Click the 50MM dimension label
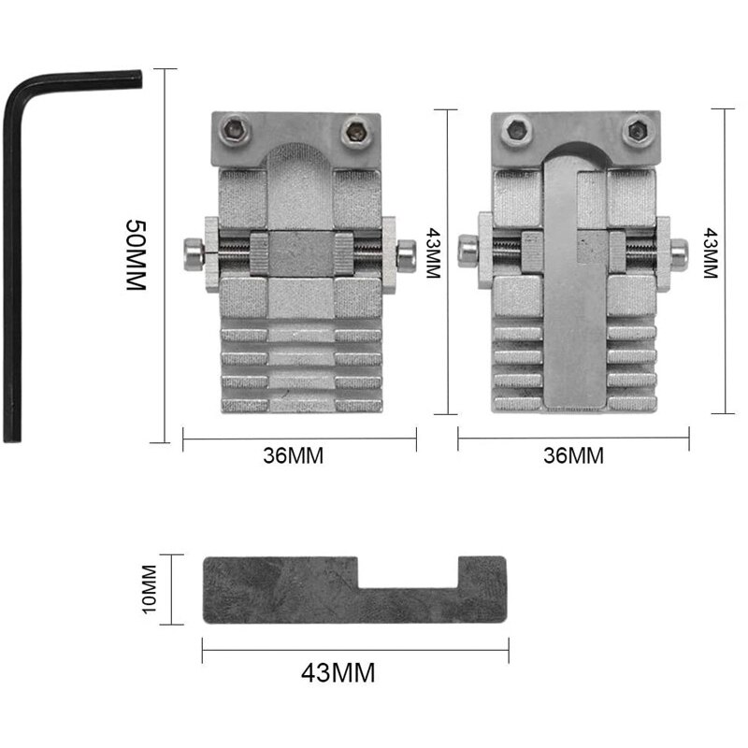click(x=137, y=255)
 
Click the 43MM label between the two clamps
click(x=432, y=253)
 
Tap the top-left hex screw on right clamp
click(x=512, y=130)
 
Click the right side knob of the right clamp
click(x=677, y=251)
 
